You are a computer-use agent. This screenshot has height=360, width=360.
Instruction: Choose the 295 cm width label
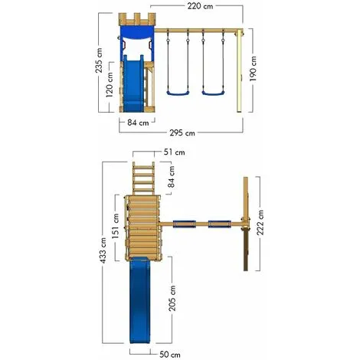pyautogui.click(x=180, y=133)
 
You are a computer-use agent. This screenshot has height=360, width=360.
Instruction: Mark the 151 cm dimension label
pyautogui.click(x=114, y=232)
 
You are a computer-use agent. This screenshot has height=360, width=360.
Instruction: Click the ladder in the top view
pyautogui.click(x=143, y=177)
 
